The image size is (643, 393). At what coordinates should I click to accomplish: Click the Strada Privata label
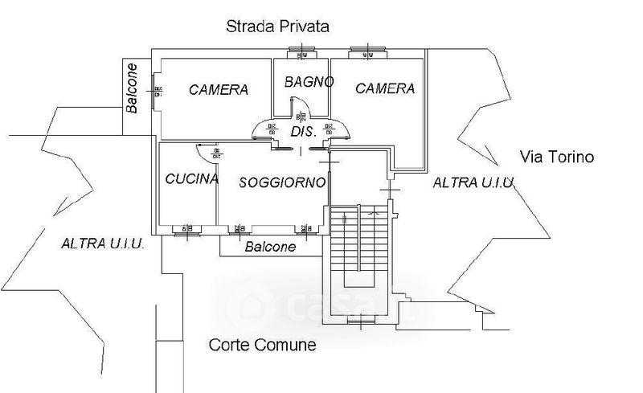[277, 27]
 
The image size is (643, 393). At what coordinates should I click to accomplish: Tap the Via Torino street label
[556, 157]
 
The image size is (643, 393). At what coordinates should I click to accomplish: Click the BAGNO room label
[303, 82]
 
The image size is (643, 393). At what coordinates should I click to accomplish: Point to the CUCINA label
[192, 178]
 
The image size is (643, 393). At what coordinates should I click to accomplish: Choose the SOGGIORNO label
[283, 182]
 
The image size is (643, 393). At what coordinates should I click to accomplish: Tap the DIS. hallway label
[301, 133]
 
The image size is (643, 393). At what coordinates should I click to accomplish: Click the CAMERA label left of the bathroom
[219, 90]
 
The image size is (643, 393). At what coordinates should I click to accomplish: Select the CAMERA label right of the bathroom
[385, 88]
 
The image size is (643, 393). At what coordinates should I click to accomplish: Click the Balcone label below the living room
[269, 248]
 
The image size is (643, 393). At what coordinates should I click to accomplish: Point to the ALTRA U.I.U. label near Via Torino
[473, 182]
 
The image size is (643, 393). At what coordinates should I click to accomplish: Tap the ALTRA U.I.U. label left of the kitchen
[102, 244]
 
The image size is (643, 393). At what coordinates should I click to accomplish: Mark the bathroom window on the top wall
[304, 55]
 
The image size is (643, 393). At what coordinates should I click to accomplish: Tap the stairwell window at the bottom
[360, 323]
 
